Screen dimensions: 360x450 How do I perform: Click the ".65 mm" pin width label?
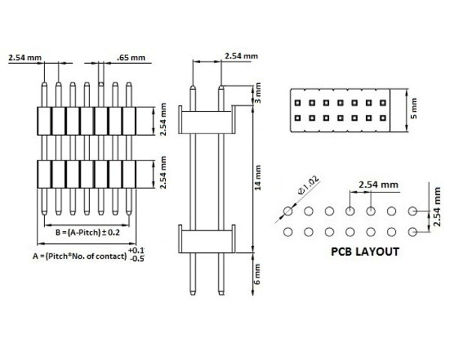[133, 57]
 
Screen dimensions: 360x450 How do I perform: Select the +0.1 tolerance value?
[137, 249]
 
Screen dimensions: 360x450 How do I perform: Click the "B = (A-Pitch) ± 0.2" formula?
[88, 232]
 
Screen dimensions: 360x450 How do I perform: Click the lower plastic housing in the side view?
[207, 238]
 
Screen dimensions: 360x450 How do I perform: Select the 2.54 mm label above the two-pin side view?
[241, 56]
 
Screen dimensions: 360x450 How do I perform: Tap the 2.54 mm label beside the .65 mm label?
[25, 57]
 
